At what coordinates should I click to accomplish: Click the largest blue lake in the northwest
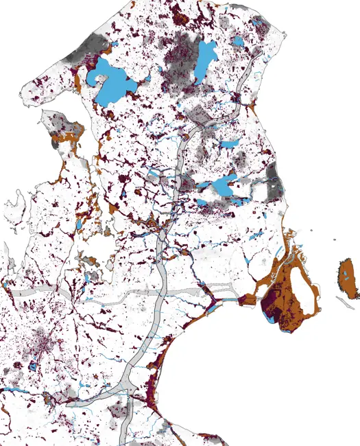[x=112, y=81]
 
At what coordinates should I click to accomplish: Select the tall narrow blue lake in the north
[x=204, y=60]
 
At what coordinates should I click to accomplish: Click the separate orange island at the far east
[x=348, y=278]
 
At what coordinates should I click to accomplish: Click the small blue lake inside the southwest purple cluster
[x=33, y=366]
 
